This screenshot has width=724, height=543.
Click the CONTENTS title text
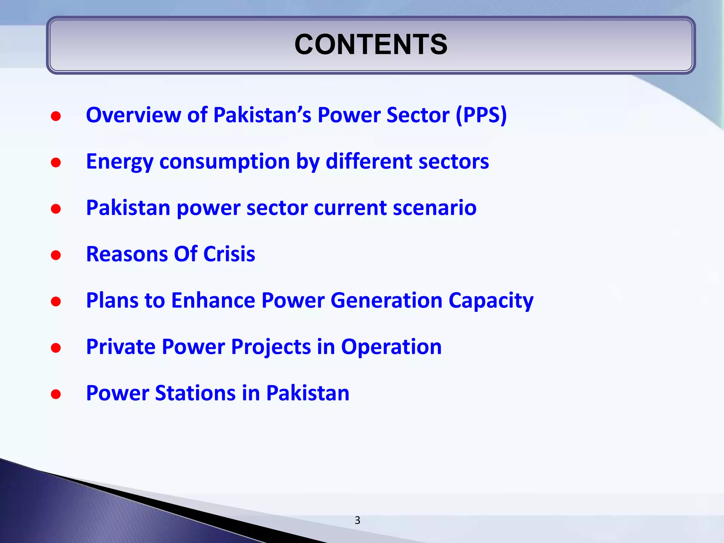tap(371, 45)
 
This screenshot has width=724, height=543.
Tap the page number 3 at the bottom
tap(357, 520)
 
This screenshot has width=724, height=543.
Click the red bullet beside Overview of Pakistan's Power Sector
tap(56, 116)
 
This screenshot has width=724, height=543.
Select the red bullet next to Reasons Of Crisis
tap(56, 255)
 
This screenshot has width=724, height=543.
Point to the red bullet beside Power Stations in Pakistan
tap(56, 394)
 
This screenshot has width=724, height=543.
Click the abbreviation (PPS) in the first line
tap(481, 115)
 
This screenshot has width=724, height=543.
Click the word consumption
tap(225, 162)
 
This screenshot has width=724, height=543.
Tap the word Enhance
tap(213, 300)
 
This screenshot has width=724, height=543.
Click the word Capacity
tap(491, 301)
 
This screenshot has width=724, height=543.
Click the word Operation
tap(391, 347)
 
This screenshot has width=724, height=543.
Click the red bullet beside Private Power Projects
tap(56, 348)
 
